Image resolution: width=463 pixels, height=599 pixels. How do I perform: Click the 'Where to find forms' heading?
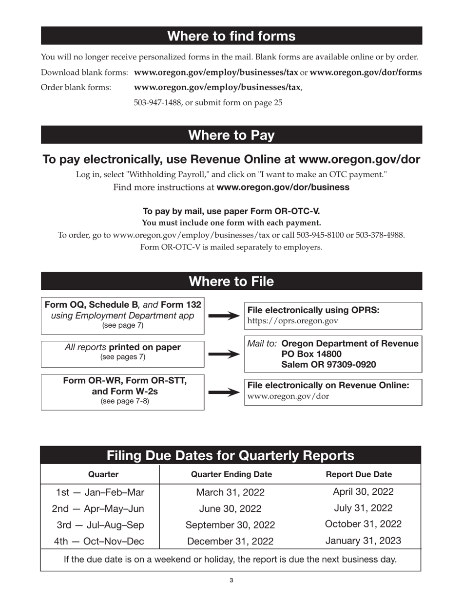coord(231,36)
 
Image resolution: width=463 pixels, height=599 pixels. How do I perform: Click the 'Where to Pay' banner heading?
coord(231,135)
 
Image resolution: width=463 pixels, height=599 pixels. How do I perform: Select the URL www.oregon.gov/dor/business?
coord(283,187)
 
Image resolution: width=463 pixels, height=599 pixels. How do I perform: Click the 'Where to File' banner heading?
coord(231,281)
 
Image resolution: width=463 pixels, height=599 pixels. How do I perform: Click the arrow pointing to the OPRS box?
coord(224,316)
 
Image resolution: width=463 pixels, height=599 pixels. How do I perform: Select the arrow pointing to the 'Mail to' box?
coord(224,354)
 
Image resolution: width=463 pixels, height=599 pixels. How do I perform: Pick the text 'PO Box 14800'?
coord(311,354)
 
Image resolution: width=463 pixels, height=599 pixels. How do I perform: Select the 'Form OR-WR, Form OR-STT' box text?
coord(125,380)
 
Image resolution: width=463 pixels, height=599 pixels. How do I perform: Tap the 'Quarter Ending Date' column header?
coord(231,474)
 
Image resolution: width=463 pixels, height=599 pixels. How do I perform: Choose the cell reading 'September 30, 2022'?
coord(230,525)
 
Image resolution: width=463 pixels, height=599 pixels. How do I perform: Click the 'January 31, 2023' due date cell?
coord(363,541)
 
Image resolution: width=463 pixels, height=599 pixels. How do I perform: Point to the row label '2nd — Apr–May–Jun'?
coord(98,509)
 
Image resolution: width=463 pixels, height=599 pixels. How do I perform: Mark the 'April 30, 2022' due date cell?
coord(363,492)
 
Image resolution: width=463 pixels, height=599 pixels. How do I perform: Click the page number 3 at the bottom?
coord(231,580)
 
